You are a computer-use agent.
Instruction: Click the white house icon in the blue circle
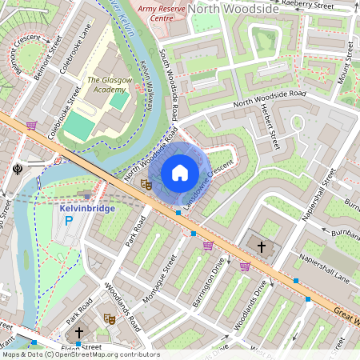(x=180, y=173)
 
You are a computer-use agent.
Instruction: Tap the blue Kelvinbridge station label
(x=87, y=208)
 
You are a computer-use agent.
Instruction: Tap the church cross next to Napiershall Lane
(x=262, y=246)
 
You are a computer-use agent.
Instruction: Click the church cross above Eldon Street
(x=78, y=332)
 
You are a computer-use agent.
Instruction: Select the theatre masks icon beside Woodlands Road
(x=110, y=318)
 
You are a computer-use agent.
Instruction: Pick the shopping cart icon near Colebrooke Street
(x=32, y=126)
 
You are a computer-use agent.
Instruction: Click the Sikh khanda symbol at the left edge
(x=18, y=169)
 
